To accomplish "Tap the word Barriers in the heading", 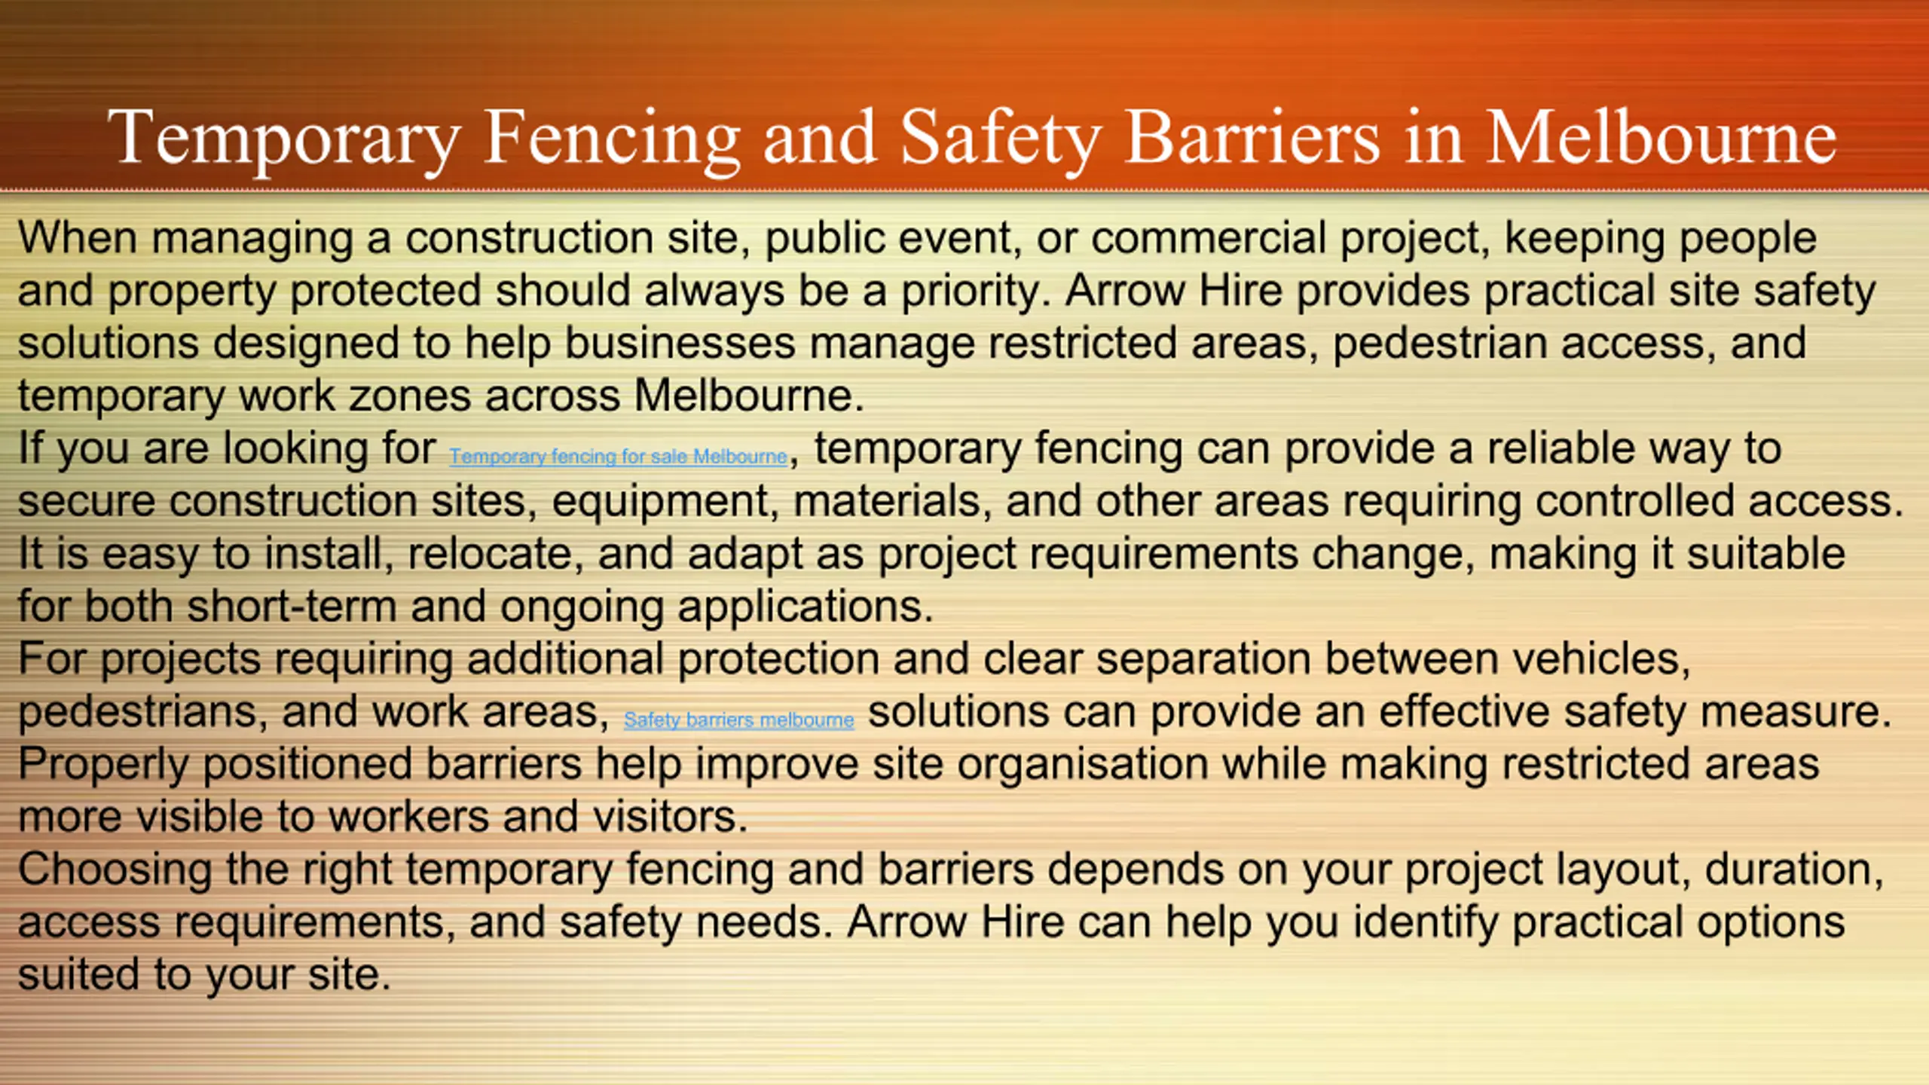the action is point(1252,137).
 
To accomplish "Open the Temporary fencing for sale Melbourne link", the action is point(618,457).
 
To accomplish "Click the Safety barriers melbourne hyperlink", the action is point(738,720).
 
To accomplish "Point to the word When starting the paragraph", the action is point(78,238).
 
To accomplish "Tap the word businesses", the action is point(680,344).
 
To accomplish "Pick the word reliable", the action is point(1561,449).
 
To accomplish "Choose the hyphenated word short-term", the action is point(292,607).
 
